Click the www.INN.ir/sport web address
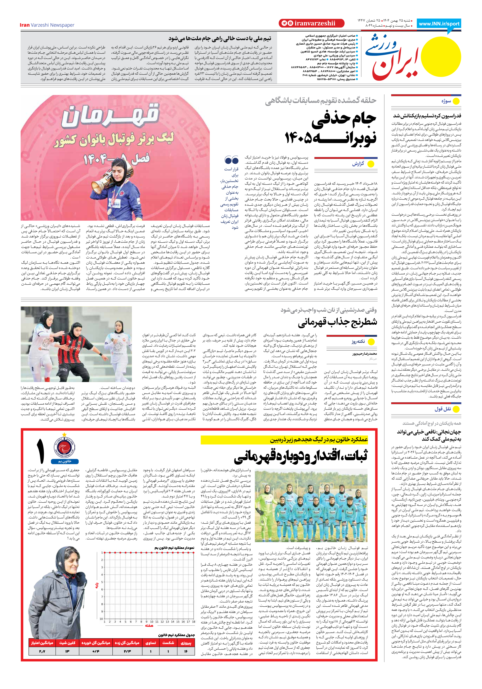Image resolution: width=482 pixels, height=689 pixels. coord(439,24)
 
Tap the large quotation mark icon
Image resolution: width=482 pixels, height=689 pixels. coord(231,160)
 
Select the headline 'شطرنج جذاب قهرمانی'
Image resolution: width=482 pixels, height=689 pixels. coord(337,323)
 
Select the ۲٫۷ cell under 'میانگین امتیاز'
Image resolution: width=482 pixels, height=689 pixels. coord(42,651)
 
